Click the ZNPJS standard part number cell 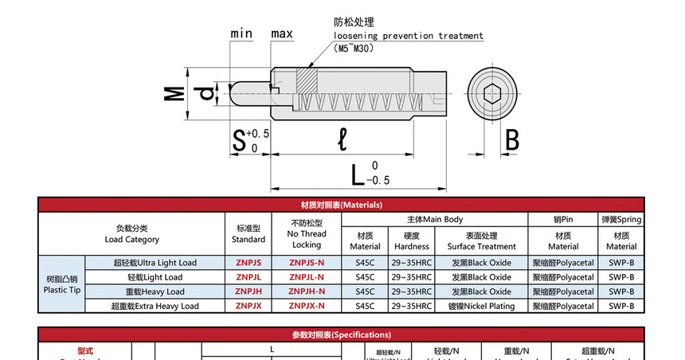point(249,263)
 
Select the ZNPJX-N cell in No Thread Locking point(307,306)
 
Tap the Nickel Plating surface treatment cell point(482,306)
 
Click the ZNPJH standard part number point(249,292)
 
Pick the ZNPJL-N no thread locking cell point(307,277)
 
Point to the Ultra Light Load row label point(155,263)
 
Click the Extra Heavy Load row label point(155,306)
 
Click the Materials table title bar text point(342,205)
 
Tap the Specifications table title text point(342,335)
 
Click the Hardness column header point(412,241)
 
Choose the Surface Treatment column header point(482,241)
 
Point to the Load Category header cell point(132,233)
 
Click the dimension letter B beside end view point(511,141)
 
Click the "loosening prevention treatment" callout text point(409,36)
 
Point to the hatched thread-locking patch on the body point(307,80)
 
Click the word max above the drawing point(282,33)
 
